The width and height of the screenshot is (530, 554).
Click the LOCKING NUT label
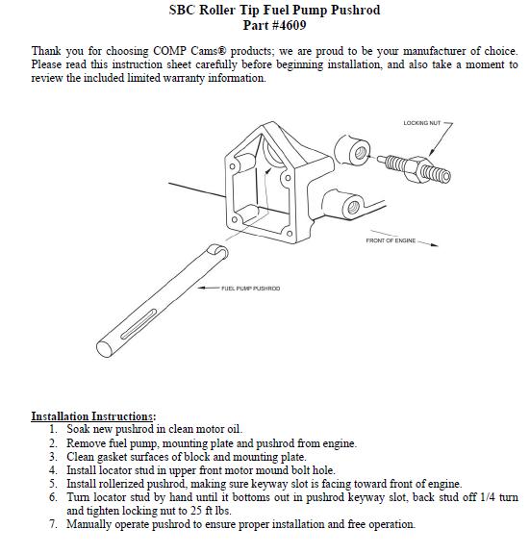click(420, 123)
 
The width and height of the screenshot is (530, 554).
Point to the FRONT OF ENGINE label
click(391, 240)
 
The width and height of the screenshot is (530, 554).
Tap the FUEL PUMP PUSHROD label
click(251, 288)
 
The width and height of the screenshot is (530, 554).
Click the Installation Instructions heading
click(93, 416)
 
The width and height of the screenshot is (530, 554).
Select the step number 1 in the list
click(54, 429)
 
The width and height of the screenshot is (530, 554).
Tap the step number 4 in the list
click(54, 470)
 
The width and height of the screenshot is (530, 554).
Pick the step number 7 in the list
click(54, 524)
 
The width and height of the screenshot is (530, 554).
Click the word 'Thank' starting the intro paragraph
click(48, 51)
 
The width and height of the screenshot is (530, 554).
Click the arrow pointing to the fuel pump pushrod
click(208, 288)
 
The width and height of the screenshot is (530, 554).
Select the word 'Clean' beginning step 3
click(80, 457)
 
